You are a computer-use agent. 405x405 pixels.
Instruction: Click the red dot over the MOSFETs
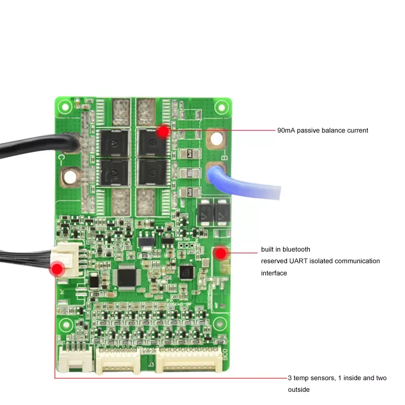tap(163, 132)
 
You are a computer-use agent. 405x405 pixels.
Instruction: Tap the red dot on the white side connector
tap(57, 268)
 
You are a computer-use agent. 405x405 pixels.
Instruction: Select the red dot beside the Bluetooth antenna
tap(221, 252)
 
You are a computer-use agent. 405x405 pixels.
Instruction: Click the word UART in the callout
tap(303, 261)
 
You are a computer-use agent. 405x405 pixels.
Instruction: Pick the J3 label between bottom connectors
tap(150, 363)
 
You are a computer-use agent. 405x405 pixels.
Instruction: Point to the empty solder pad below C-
tap(69, 177)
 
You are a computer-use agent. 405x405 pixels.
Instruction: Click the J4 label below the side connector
tap(62, 292)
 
